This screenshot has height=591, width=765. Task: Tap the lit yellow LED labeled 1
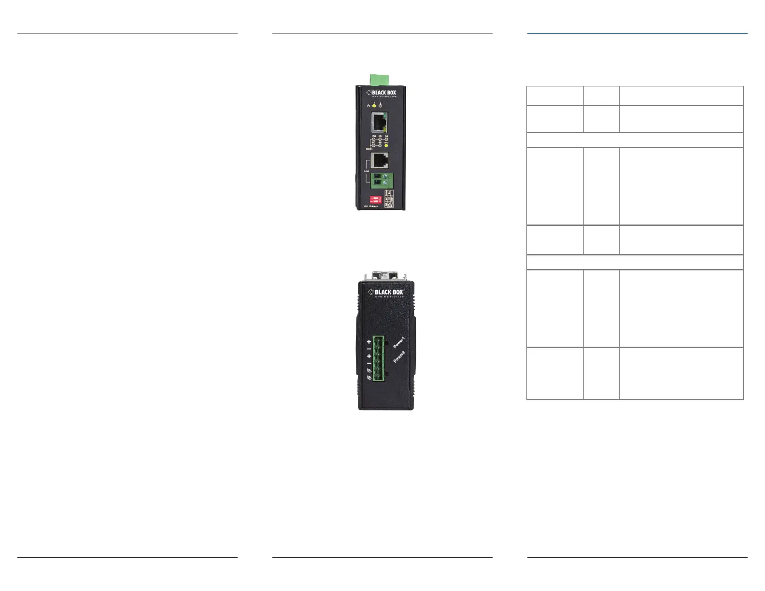[x=374, y=106]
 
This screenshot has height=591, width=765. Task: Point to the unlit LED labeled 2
[x=381, y=106]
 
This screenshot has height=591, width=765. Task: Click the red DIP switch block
[x=375, y=199]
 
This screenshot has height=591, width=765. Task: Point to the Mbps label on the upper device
[x=369, y=149]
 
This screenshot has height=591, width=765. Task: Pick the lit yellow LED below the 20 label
[x=386, y=145]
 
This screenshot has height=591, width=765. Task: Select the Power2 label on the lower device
[x=399, y=357]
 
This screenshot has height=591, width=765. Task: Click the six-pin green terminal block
[x=378, y=358]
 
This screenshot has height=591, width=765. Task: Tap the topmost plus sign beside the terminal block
[x=369, y=341]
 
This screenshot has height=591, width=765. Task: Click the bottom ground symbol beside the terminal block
[x=369, y=378]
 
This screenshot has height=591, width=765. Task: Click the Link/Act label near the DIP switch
[x=372, y=207]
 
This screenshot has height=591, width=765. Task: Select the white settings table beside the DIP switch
[x=389, y=199]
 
